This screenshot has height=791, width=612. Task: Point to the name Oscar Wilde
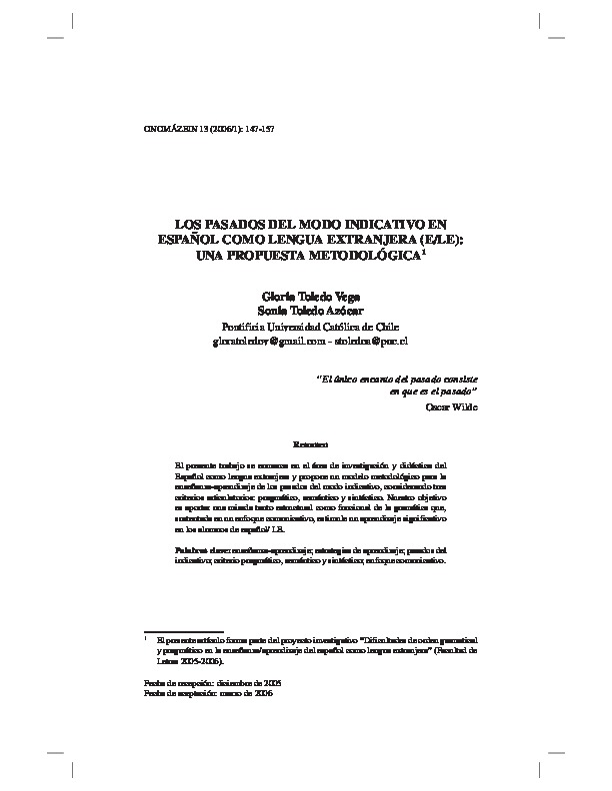450,407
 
